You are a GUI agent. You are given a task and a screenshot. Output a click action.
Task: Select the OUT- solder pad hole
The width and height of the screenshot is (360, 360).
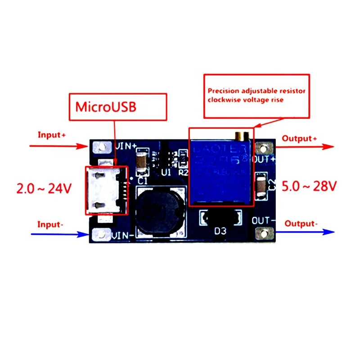(x=262, y=233)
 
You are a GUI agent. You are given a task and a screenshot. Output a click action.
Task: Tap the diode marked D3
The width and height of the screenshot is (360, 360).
(x=220, y=218)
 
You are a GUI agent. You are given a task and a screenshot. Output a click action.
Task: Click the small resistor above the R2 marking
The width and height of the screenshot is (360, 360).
(x=183, y=158)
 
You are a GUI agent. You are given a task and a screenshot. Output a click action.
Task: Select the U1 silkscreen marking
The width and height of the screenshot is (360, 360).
(x=166, y=172)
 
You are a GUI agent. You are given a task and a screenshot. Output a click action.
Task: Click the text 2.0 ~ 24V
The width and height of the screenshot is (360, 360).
(x=44, y=188)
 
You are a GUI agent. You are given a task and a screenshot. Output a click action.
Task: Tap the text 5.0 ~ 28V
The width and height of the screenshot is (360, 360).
(x=309, y=186)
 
